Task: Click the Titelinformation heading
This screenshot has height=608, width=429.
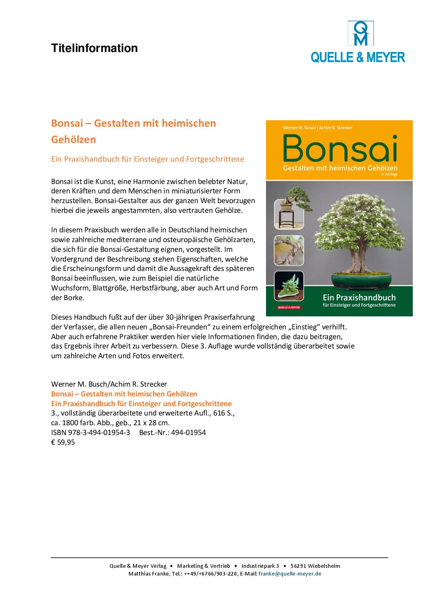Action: tap(94, 48)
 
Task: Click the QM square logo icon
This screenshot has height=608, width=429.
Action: tap(360, 33)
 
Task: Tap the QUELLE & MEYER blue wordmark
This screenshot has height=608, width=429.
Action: tap(358, 57)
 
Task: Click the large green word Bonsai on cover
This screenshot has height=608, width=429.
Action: tap(340, 149)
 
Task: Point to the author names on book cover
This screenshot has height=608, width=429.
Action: tap(317, 128)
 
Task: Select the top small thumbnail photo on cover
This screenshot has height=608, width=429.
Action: tap(289, 214)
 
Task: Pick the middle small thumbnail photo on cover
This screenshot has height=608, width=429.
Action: tap(289, 250)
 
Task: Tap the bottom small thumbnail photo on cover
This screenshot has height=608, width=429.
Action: tap(289, 285)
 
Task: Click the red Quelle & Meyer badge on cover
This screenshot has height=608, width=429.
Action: tap(289, 307)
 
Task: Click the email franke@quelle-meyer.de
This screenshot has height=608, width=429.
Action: tap(290, 573)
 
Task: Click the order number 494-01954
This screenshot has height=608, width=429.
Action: tap(188, 433)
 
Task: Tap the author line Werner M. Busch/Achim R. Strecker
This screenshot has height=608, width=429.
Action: tap(109, 384)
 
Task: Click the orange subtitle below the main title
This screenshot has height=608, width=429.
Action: tap(147, 159)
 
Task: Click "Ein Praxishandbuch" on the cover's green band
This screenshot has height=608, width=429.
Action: tap(359, 297)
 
